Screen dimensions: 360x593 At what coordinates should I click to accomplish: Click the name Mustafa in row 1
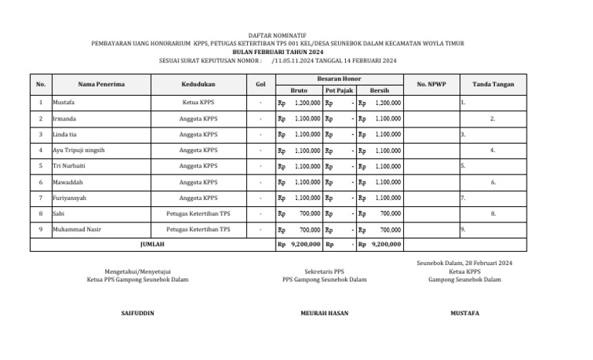point(63,102)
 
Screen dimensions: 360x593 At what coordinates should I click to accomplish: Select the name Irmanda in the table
point(64,118)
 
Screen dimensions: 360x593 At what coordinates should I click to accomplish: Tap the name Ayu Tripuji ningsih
point(78,151)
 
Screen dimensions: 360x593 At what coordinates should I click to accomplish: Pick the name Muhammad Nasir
point(76,229)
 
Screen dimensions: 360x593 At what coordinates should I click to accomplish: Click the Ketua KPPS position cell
point(198,102)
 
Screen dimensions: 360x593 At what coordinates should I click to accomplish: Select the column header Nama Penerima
point(101,83)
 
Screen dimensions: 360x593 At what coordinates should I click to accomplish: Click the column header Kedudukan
point(198,83)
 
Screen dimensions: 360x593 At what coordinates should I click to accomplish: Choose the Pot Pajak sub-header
point(339,90)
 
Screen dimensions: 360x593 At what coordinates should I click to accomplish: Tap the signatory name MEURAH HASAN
point(324,313)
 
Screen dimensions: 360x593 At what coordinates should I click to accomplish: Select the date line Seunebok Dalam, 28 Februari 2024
point(464,263)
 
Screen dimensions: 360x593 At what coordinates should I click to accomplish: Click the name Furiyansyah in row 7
point(69,198)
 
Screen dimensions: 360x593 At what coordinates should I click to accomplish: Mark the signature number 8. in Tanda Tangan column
point(493,213)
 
